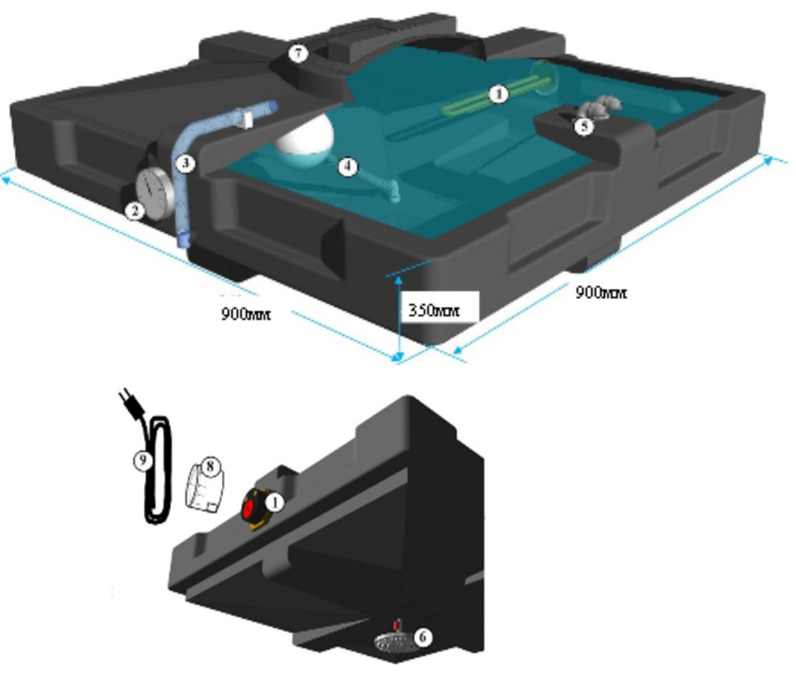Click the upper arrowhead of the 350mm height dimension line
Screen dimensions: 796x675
(399, 279)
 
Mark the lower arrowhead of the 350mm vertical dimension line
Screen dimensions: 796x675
(399, 357)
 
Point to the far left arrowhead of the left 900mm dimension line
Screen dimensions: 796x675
(6, 177)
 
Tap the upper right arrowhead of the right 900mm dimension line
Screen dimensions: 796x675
(767, 161)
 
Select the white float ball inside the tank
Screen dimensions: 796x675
(305, 136)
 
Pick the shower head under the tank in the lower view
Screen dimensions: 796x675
(393, 643)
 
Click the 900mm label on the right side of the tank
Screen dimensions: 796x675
(601, 293)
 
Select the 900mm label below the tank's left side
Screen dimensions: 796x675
(246, 314)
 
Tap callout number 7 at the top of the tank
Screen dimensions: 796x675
(298, 53)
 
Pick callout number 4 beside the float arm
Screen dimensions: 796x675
(348, 166)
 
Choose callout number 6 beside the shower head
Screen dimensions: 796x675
(423, 637)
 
